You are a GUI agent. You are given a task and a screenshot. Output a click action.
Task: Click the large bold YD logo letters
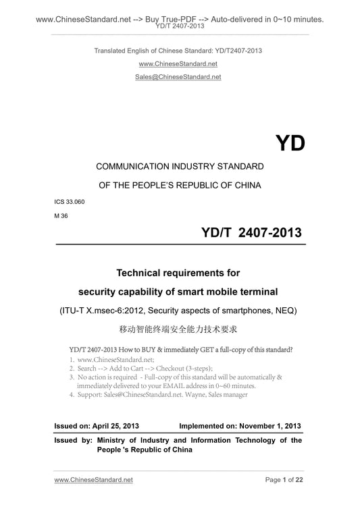290,143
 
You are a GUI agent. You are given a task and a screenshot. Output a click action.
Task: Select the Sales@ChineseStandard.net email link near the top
180,77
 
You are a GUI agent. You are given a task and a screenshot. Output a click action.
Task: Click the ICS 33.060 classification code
70,201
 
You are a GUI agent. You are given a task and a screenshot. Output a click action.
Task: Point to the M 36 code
61,215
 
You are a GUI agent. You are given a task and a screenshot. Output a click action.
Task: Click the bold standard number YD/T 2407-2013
251,233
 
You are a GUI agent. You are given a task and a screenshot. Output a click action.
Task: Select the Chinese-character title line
180,331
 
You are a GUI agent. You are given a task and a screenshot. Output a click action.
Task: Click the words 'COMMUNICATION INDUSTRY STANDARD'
180,165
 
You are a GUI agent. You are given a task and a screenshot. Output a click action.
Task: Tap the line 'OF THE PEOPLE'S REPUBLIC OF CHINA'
180,184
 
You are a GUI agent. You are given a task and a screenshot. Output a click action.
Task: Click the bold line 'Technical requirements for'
180,273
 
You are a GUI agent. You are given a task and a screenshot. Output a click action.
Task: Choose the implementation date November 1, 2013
265,426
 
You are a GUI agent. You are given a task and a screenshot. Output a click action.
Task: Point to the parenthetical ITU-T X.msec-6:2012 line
180,311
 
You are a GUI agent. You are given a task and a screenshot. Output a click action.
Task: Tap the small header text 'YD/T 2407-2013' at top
180,27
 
